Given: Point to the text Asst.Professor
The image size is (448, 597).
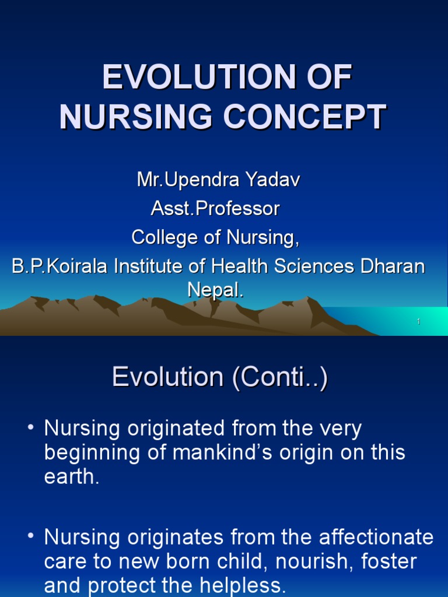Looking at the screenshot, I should [x=215, y=208].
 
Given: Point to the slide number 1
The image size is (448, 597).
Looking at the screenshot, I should [x=419, y=322].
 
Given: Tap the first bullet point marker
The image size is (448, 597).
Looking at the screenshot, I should [x=31, y=429].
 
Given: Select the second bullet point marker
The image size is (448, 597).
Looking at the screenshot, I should [x=31, y=537].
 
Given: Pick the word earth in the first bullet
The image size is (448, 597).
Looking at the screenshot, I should [x=72, y=477].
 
